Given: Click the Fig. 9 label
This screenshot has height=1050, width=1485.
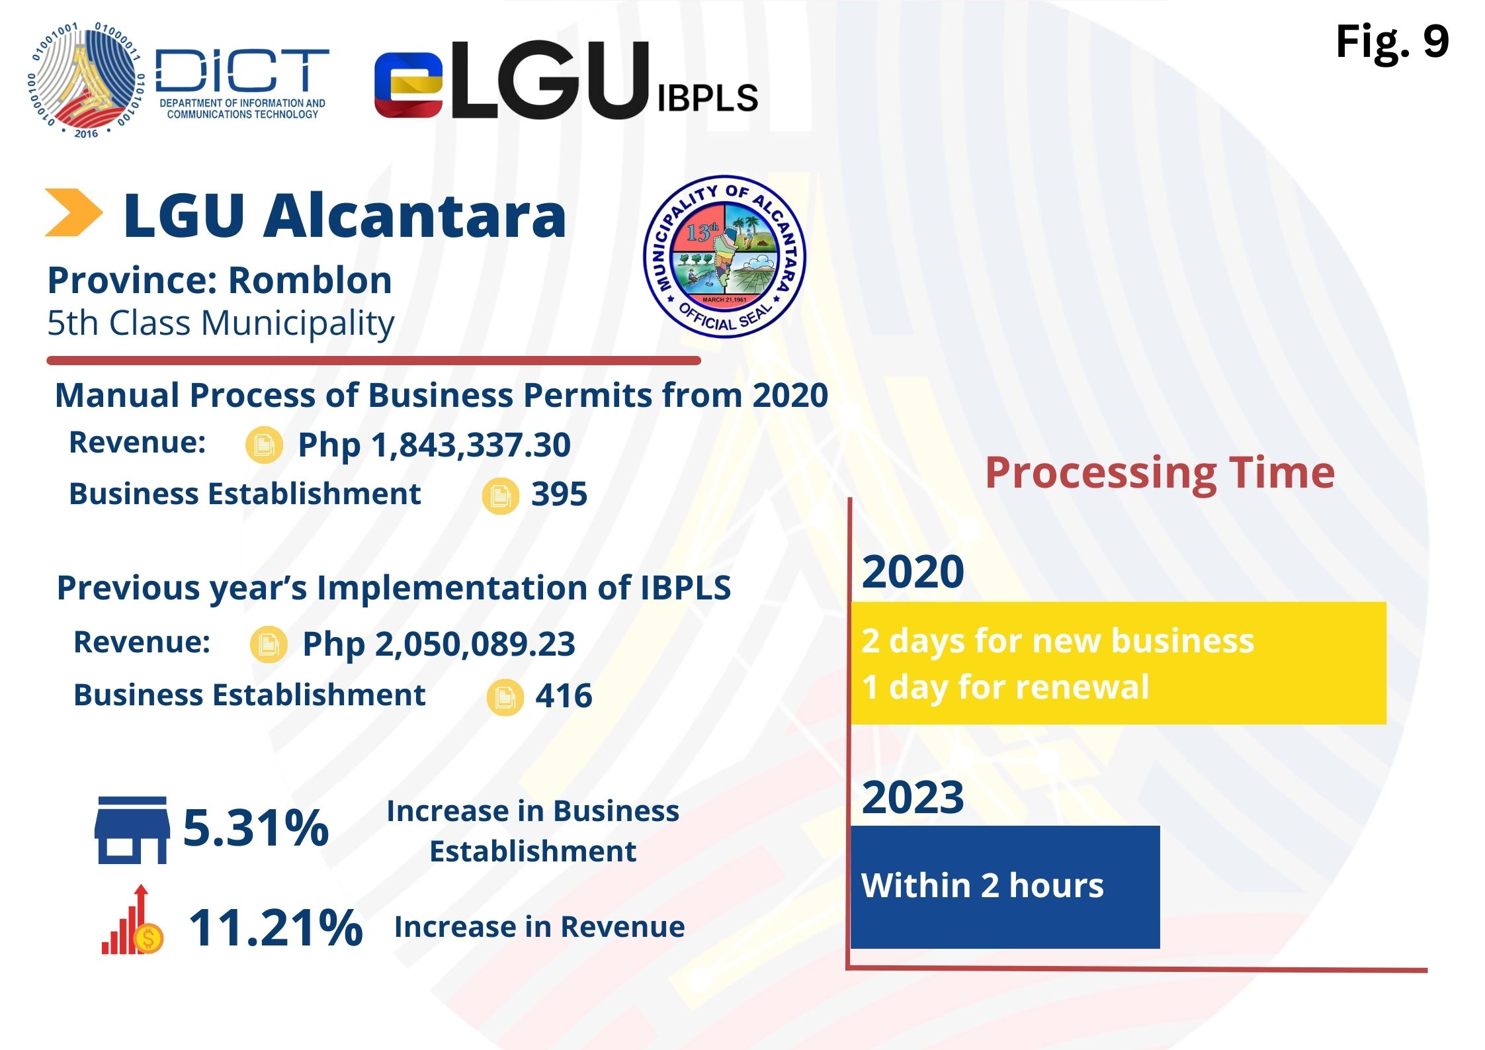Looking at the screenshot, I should click(1392, 42).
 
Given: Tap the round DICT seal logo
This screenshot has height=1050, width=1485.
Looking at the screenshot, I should click(85, 81).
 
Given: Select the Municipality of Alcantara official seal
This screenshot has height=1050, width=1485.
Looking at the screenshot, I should click(724, 257).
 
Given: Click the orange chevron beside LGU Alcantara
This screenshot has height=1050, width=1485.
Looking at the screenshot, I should click(73, 213).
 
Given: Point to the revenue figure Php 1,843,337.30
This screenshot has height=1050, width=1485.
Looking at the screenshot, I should click(434, 445).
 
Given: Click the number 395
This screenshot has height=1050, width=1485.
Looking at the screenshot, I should click(559, 494).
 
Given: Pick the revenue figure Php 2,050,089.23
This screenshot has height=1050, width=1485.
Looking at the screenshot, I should click(438, 644).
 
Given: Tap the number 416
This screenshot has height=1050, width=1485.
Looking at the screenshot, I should click(564, 696).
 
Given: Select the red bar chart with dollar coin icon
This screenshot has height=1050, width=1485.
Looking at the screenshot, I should click(132, 922).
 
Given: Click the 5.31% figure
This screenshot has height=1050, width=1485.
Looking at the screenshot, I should click(255, 828).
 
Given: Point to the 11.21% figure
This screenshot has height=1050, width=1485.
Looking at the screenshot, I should click(275, 928).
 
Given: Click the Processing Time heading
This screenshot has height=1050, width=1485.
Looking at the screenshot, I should click(1160, 472).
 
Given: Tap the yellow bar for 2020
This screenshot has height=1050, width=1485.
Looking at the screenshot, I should click(1118, 662).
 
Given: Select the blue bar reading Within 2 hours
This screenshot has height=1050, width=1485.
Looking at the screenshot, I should click(1004, 887).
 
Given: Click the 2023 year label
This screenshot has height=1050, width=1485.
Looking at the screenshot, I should click(912, 797).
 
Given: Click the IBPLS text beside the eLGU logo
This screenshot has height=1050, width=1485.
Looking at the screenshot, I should click(707, 99).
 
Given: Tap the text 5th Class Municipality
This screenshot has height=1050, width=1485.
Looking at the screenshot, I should click(221, 323).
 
